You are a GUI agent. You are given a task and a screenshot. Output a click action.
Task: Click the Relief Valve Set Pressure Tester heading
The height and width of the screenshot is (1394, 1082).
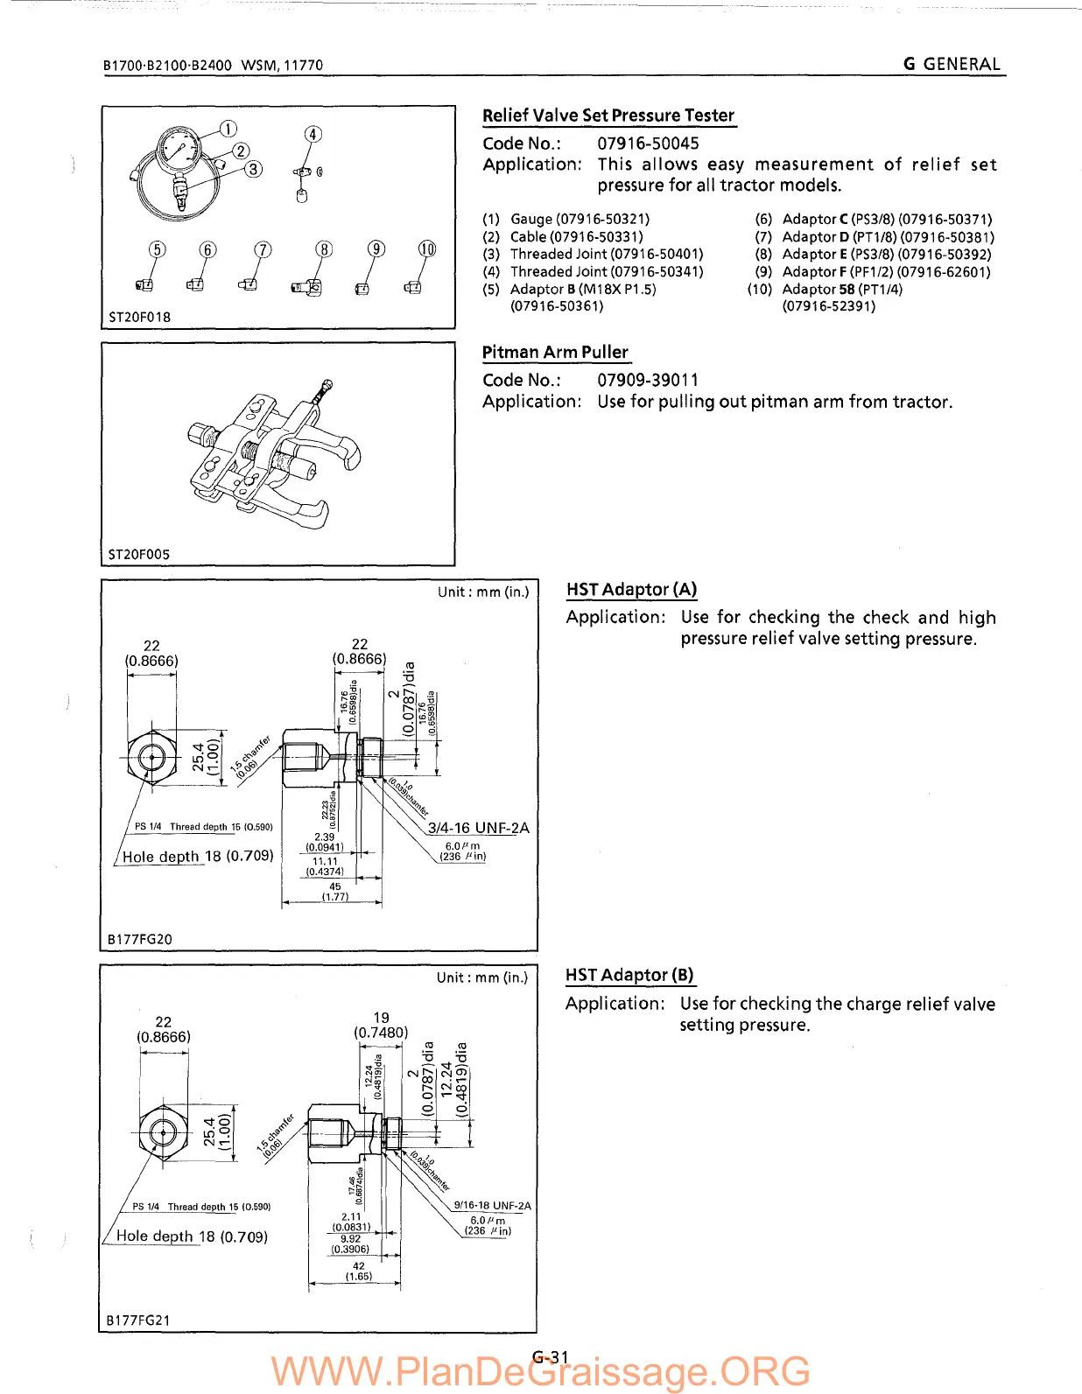tap(608, 116)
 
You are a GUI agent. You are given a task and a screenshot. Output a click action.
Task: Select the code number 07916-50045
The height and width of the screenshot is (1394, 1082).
tap(648, 143)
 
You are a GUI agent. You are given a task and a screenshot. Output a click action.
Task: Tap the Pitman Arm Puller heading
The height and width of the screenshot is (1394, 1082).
tap(555, 352)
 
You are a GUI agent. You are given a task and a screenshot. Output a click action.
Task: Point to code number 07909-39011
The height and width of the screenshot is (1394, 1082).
tap(648, 380)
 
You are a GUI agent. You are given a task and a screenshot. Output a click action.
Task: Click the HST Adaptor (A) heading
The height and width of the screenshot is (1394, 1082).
tap(631, 589)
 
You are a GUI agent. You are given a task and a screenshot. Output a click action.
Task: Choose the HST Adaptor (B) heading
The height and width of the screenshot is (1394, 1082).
tap(629, 975)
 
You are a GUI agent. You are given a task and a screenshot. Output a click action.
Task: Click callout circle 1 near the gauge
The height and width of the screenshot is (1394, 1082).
tap(228, 129)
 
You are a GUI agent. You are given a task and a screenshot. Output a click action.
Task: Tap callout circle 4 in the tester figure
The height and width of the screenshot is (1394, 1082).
tap(313, 134)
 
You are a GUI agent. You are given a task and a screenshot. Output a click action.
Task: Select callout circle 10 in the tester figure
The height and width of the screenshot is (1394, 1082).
tap(426, 249)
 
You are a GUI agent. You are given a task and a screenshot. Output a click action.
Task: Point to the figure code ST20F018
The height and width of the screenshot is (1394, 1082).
tap(139, 317)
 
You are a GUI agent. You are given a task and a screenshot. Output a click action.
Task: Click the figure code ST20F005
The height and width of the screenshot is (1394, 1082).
tap(139, 554)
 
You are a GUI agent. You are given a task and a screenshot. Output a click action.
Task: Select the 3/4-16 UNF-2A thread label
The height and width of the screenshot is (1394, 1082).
tap(478, 828)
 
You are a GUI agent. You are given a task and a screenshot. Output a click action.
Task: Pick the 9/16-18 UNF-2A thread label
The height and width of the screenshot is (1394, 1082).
tap(492, 1205)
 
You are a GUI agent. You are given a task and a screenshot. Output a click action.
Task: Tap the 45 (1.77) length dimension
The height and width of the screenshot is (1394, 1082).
tap(335, 892)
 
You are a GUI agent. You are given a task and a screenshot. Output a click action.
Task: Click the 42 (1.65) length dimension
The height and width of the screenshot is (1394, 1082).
tap(359, 1271)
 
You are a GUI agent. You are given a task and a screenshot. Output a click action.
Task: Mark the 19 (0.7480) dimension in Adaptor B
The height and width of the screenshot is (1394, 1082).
tap(381, 1025)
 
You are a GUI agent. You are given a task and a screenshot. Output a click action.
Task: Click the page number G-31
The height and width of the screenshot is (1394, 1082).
tap(551, 1357)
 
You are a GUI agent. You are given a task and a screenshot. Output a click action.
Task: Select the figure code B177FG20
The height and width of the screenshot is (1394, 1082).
tap(140, 939)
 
